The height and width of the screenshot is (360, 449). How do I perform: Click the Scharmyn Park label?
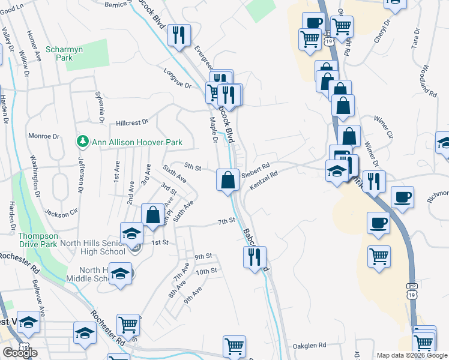point(59,53)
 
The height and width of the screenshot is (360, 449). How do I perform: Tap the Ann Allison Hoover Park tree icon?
point(82,142)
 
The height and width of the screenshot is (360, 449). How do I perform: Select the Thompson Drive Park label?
point(37,240)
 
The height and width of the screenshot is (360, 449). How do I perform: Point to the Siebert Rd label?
point(256,172)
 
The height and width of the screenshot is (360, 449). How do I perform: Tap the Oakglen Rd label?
point(309,346)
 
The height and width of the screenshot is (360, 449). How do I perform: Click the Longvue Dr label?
point(176,78)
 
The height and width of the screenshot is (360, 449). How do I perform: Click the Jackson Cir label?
point(61,212)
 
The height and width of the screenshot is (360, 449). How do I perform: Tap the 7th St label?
point(226,221)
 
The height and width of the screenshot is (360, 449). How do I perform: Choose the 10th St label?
point(206,271)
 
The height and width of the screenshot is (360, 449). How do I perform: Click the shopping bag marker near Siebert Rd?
point(228,180)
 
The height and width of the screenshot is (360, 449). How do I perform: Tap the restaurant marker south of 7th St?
point(255,257)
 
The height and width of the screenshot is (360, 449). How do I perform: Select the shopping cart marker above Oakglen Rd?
point(234,345)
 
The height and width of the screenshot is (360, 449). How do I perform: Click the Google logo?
point(20,353)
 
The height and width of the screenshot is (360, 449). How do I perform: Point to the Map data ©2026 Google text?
point(412,355)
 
